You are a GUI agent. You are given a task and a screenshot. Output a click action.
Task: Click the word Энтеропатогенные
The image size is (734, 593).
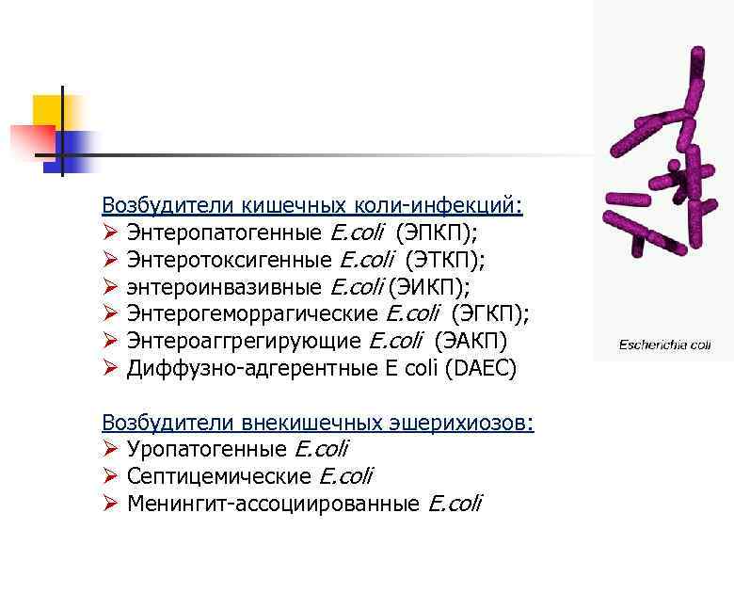[x=225, y=232]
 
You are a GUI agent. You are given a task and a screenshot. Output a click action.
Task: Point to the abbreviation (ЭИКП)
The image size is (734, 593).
[x=429, y=286]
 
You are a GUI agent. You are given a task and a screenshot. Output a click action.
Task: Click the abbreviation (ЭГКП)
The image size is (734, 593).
[x=490, y=313]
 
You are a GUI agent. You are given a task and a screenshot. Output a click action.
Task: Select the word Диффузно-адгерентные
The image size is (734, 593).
[x=236, y=368]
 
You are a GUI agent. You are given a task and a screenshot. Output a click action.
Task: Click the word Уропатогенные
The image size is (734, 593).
[x=207, y=450]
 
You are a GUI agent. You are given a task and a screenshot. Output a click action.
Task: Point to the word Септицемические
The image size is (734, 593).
[x=219, y=477]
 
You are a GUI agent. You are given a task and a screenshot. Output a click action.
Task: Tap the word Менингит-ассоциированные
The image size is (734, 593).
[x=273, y=505]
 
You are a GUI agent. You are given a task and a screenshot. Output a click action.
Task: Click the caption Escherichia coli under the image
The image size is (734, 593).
[x=664, y=345]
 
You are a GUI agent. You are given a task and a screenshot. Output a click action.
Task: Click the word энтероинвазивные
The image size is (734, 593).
[x=225, y=286]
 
